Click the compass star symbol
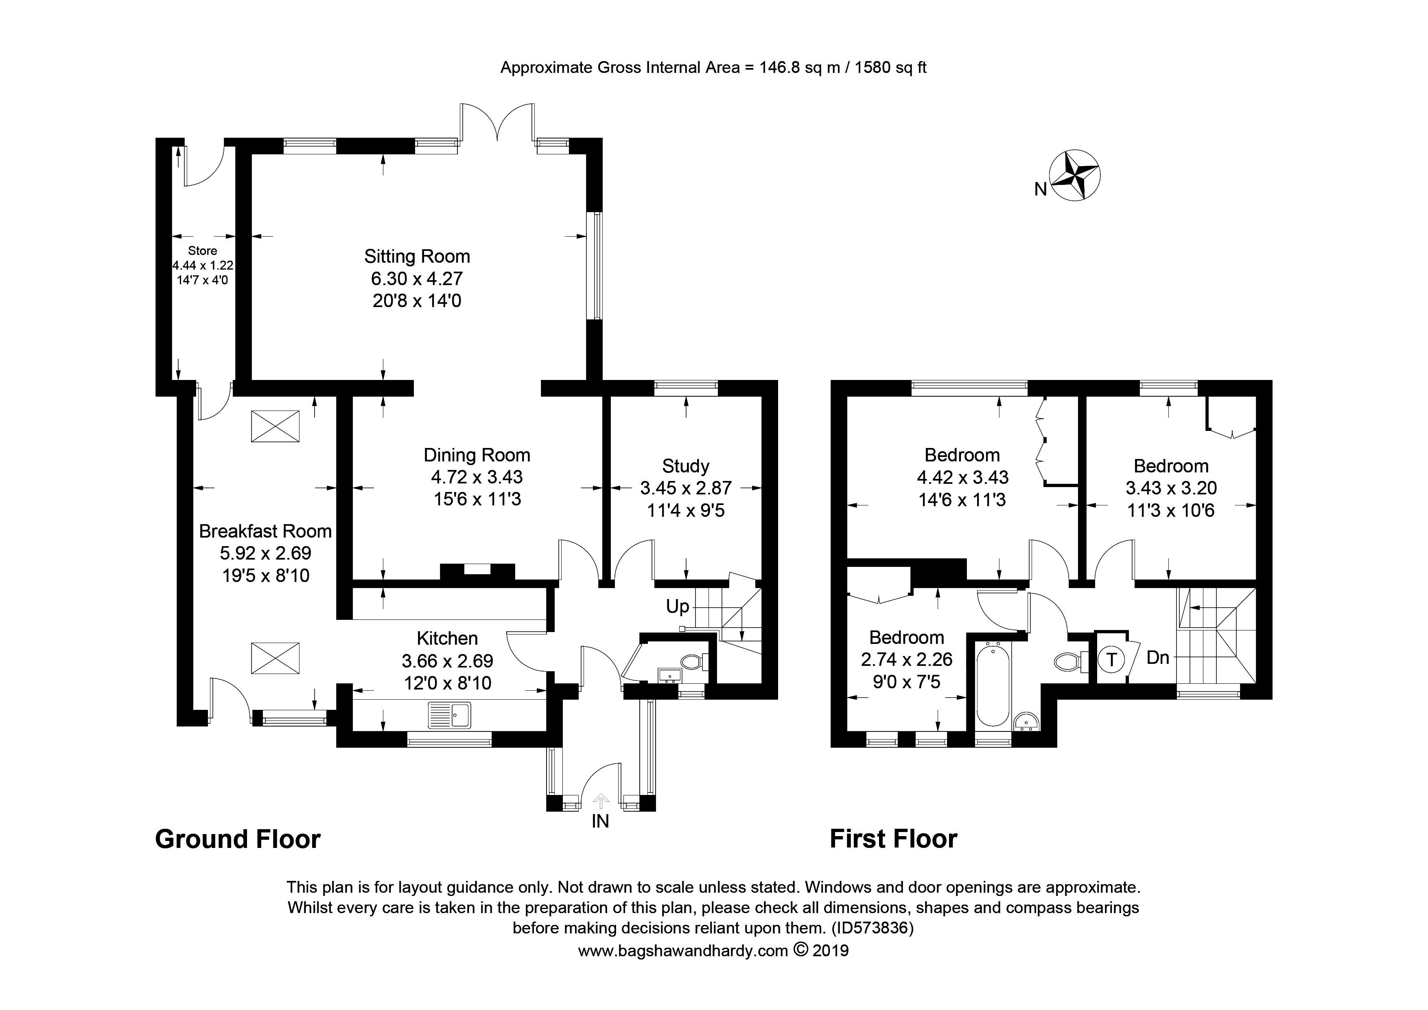click(x=1075, y=176)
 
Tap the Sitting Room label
click(x=417, y=257)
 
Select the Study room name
click(x=685, y=466)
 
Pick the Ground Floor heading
click(x=238, y=839)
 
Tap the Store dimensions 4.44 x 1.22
click(x=203, y=266)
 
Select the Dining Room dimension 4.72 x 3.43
click(x=477, y=477)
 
